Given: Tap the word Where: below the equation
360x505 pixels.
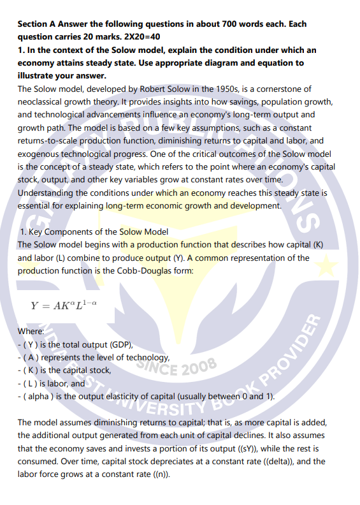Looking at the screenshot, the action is (x=31, y=332).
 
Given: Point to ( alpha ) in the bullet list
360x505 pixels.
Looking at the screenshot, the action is (x=36, y=395).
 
